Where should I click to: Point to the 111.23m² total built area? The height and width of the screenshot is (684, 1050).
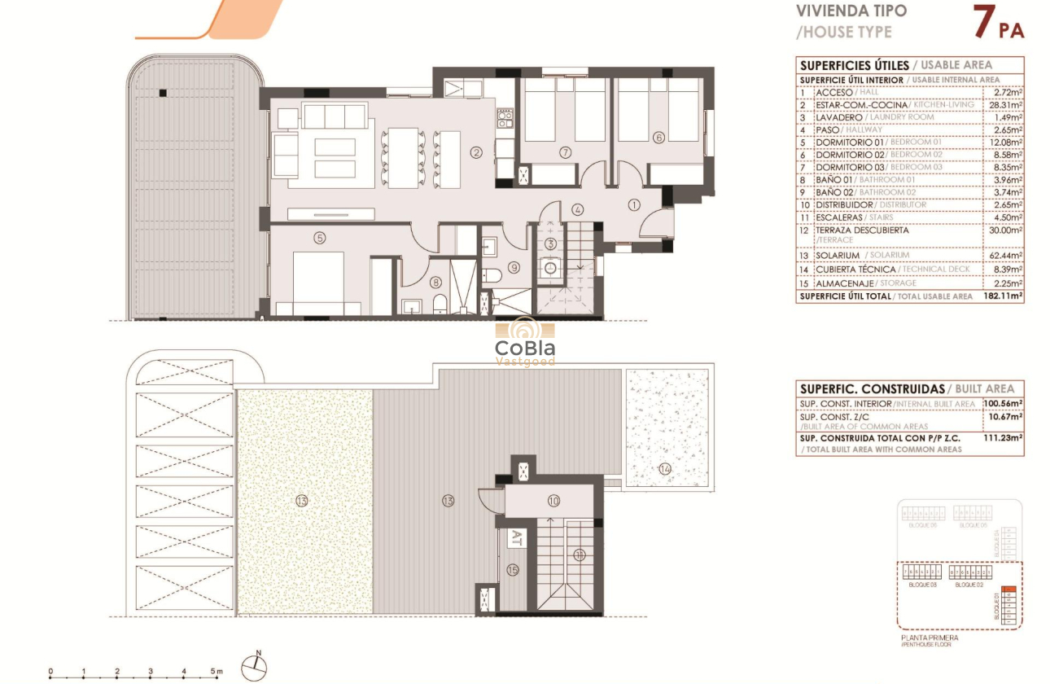[x=1004, y=437]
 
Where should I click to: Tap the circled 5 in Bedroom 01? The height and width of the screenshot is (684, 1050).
[x=320, y=239]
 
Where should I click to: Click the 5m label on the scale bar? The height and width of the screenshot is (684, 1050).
[x=217, y=673]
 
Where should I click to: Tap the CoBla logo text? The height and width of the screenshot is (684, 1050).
[x=525, y=349]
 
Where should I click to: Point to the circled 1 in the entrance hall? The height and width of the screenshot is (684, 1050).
[x=634, y=204]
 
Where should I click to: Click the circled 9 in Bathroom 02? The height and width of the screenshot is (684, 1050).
[x=514, y=267]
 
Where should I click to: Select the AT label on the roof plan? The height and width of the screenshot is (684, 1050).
[x=515, y=537]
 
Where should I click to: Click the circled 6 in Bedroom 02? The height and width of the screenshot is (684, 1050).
[x=658, y=137]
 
